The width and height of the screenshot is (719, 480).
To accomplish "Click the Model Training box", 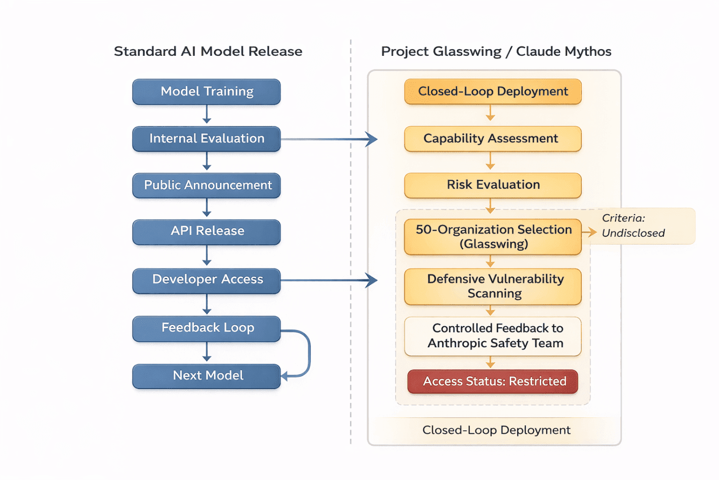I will [x=206, y=91].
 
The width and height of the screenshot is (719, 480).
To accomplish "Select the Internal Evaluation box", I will [x=206, y=139].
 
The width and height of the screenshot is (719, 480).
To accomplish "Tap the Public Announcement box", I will [x=206, y=185].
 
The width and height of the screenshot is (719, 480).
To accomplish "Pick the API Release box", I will [x=206, y=231].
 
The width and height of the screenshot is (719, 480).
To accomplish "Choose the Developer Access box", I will [x=206, y=280].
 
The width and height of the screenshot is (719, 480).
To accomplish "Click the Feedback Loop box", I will [x=206, y=328].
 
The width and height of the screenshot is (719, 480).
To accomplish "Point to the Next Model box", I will [x=206, y=376].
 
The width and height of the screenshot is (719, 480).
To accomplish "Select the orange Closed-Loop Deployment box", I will [x=493, y=91].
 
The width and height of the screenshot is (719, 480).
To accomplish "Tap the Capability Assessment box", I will [x=493, y=139].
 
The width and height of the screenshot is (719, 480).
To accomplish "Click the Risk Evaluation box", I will [x=493, y=185].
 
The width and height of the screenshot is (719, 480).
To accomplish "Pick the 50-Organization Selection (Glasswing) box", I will [x=493, y=237].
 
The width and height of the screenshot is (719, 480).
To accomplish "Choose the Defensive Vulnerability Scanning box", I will [x=493, y=286].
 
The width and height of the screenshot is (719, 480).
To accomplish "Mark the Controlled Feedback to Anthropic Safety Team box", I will [x=493, y=336].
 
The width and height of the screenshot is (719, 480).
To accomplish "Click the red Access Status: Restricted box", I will [x=493, y=381].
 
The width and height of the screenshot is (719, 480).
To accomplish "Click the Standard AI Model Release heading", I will [x=208, y=51].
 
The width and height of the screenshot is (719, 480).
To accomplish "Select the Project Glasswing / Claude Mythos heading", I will [x=496, y=51].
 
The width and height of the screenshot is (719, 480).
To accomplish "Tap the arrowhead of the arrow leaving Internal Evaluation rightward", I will [x=372, y=139].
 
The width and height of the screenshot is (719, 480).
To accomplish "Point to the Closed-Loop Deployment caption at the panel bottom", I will [x=496, y=430].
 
